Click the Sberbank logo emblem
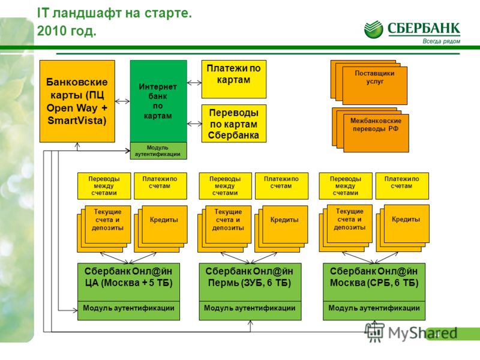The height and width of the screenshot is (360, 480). pos(373,29)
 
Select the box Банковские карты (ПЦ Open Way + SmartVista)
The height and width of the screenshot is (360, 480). pos(77,101)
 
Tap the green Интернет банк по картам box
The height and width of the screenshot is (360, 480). pos(158,101)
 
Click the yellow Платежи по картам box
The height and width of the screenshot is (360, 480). pos(233,79)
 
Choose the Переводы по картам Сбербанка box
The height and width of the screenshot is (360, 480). pos(233,124)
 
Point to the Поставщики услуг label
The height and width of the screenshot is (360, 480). pos(374,77)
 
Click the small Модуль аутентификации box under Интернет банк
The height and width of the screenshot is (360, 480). pos(158,151)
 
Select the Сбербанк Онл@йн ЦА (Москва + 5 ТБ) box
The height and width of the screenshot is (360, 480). pos(128,282)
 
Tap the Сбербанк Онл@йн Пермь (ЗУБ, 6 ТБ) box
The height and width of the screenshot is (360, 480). pos(250,282)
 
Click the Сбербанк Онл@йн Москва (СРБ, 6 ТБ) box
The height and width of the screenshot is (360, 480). pos(374,282)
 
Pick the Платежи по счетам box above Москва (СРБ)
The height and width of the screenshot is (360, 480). pos(402,186)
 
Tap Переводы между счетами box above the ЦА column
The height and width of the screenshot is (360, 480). pos(104,186)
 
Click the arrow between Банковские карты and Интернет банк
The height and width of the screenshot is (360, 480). pos(122,101)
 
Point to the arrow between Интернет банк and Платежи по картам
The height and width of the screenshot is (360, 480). pos(194,83)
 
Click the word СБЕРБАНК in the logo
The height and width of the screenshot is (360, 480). pos(424,28)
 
